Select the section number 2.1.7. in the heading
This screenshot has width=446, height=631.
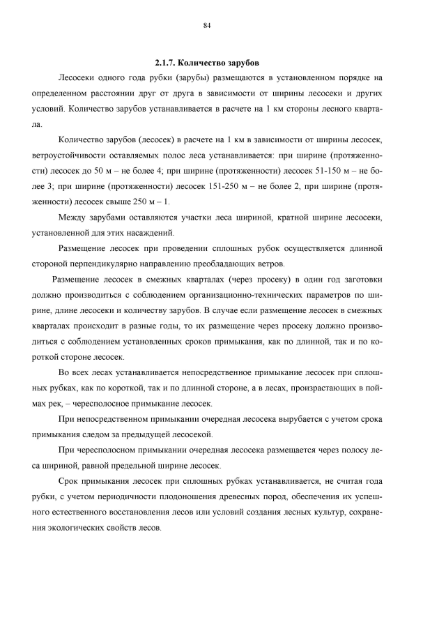(x=167, y=63)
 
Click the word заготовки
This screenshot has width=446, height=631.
(x=362, y=279)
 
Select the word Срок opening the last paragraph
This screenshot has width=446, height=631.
(x=72, y=481)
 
